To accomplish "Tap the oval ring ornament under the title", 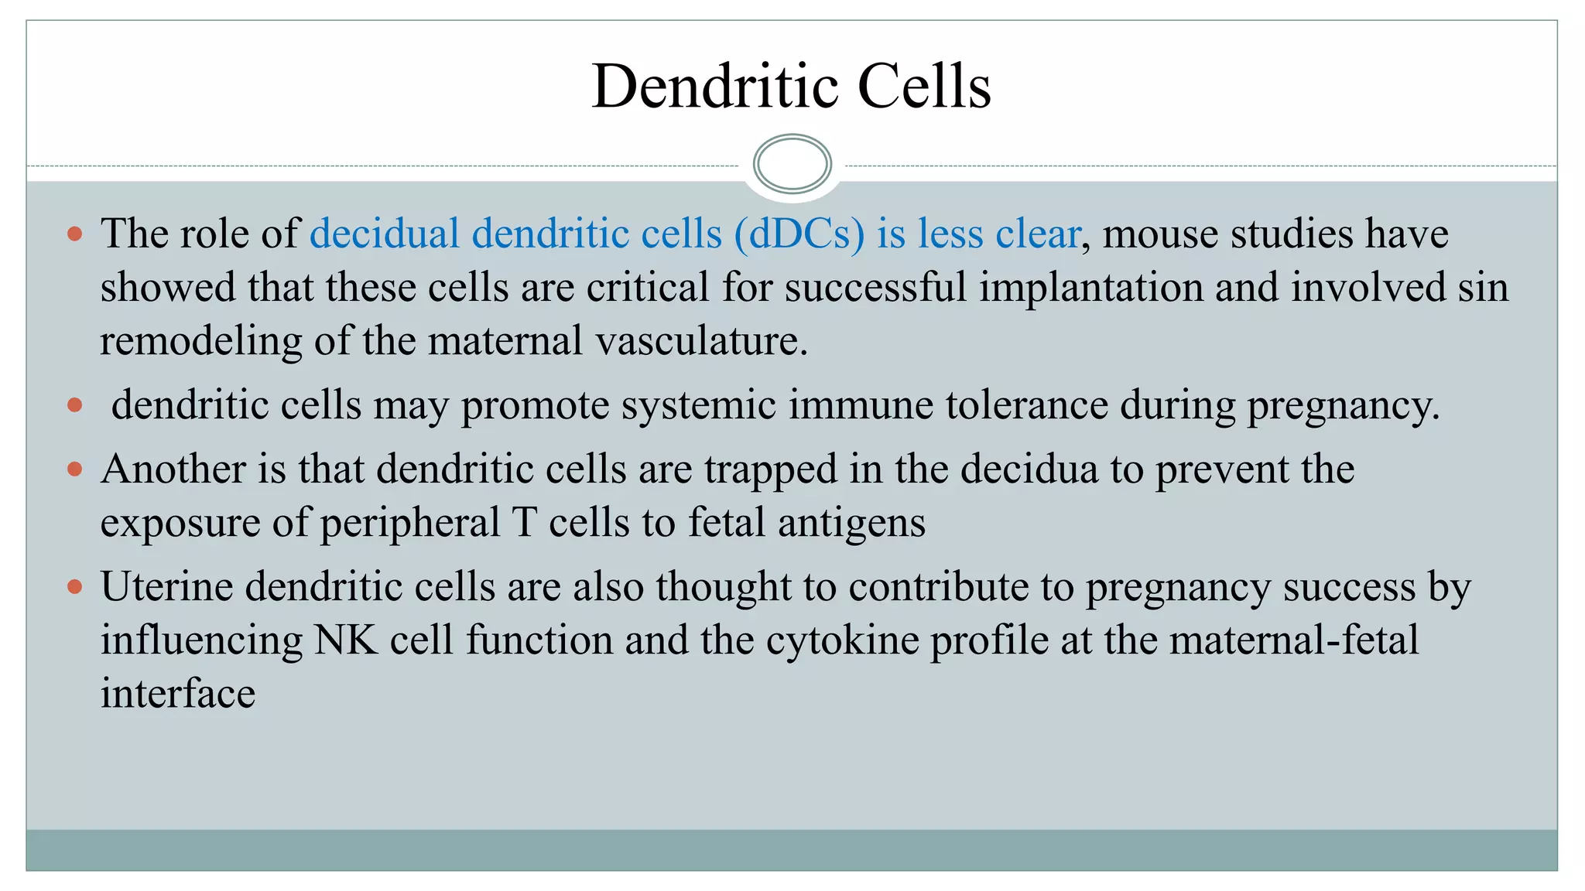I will tap(792, 163).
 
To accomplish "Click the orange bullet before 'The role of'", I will tap(75, 234).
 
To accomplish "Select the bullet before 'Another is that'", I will tap(75, 469).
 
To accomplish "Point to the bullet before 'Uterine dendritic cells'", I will tap(75, 586).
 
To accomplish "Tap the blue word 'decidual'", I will tap(385, 234).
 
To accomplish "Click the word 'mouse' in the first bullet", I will tap(1160, 234).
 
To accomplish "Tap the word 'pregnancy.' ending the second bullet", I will tap(1344, 405).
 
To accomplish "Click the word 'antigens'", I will tap(851, 523).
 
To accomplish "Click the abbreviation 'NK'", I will tap(346, 640).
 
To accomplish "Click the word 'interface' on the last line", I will tap(178, 693).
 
